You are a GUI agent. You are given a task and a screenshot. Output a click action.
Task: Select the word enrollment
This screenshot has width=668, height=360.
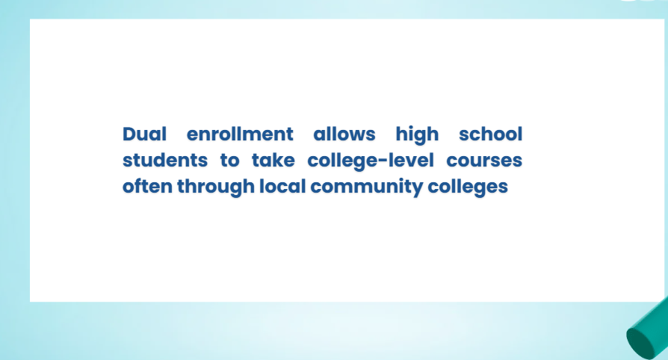tap(240, 134)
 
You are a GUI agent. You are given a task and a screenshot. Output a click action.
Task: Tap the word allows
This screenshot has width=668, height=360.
tap(344, 134)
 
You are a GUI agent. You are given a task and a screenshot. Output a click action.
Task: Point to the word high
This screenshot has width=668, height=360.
tap(417, 135)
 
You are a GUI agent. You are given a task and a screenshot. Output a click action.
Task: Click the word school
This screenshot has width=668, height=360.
tap(490, 134)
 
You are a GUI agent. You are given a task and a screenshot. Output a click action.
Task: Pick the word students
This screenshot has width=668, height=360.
tap(165, 161)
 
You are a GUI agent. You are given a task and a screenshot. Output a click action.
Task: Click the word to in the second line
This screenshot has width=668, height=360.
tap(229, 161)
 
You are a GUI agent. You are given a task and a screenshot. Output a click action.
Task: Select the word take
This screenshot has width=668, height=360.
tap(273, 161)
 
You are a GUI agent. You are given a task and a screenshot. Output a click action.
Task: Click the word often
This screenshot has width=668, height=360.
tap(147, 187)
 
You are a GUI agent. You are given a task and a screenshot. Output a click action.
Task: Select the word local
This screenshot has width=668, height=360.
tap(283, 187)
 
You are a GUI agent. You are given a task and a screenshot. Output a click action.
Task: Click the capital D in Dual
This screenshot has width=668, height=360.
tap(129, 134)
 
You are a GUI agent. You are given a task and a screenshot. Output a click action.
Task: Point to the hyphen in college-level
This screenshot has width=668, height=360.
tap(383, 161)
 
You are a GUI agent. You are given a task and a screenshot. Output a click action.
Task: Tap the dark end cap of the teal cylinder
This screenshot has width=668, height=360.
tap(640, 344)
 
